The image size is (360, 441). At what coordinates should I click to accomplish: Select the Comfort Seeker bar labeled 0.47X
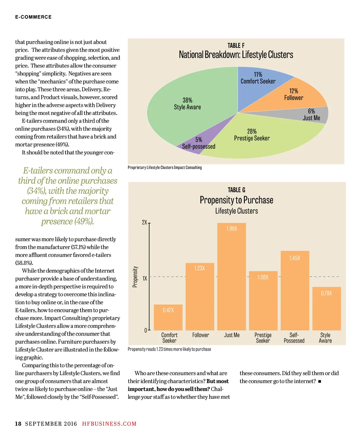point(168,318)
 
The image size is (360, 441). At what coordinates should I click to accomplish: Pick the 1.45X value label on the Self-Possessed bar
point(295,258)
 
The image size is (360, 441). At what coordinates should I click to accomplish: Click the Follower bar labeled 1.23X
point(199,299)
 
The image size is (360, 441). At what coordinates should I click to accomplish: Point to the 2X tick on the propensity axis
point(144,222)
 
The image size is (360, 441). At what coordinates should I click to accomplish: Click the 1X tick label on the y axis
point(145,278)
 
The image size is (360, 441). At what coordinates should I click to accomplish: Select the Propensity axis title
point(135,277)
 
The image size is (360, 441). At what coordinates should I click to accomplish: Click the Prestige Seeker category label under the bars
point(263,338)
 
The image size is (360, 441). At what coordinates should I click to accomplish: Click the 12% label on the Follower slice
point(294,91)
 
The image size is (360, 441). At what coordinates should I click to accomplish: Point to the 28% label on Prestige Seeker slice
point(252,131)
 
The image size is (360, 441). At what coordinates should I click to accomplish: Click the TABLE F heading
point(236,46)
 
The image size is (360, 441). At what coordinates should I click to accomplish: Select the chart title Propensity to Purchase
point(236,200)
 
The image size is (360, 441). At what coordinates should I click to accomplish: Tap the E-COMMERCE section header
point(33,17)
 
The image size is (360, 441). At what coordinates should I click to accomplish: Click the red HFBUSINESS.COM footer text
point(109,424)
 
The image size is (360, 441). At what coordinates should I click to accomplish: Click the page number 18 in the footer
point(18,424)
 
